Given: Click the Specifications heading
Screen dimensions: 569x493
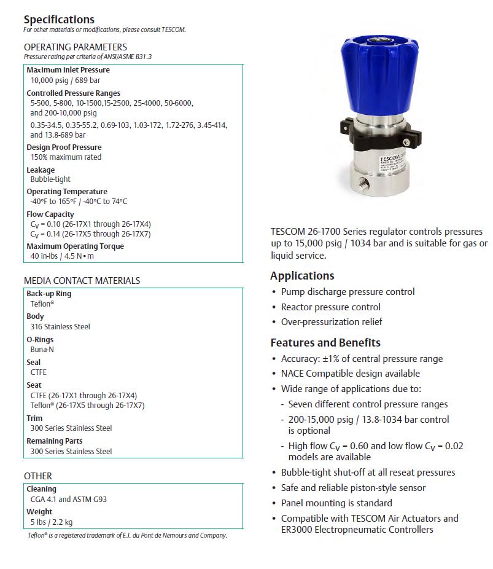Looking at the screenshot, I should click(x=59, y=20).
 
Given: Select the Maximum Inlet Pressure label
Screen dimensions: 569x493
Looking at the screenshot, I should click(x=68, y=70).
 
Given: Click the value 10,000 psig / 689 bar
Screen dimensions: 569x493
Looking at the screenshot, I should click(x=66, y=80).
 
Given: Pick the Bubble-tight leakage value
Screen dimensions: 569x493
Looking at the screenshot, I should click(x=50, y=179).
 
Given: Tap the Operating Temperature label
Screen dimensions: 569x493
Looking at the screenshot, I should click(x=67, y=192).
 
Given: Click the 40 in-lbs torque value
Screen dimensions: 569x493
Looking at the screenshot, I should click(x=63, y=256).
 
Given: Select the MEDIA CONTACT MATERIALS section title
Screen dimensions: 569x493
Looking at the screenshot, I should click(x=82, y=280).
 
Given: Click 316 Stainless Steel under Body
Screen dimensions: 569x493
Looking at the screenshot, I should click(x=60, y=327).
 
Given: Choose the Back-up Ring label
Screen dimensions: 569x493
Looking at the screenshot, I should click(x=49, y=294).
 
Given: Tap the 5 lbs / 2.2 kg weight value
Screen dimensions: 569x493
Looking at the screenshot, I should click(x=52, y=522).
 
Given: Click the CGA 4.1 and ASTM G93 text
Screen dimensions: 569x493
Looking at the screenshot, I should click(x=69, y=500).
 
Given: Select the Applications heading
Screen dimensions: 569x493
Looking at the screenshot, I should click(x=302, y=276).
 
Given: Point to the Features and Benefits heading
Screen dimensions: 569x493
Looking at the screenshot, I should click(x=325, y=343).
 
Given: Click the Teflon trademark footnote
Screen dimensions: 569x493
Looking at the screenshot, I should click(x=127, y=535).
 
